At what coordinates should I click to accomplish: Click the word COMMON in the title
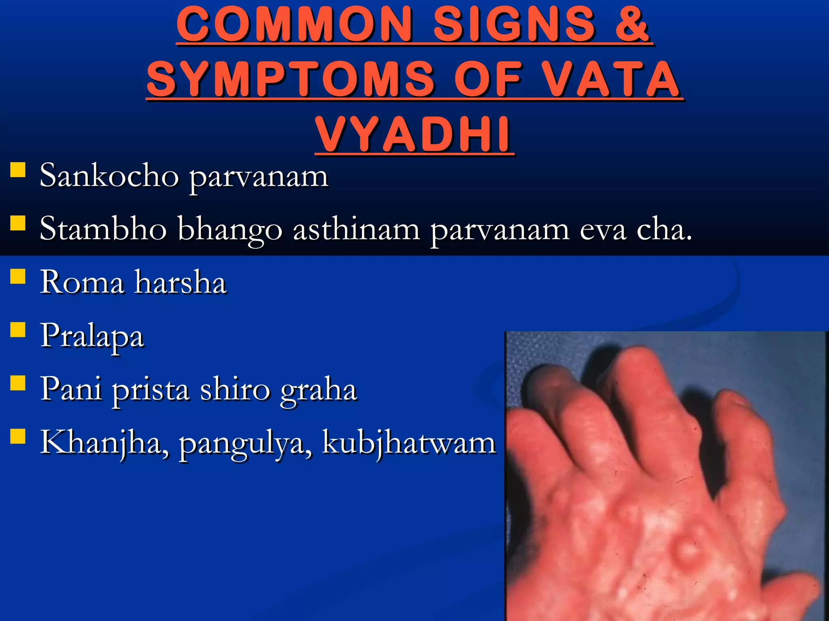click(295, 25)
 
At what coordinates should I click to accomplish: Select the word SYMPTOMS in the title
click(291, 79)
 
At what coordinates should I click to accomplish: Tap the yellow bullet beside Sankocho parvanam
click(18, 170)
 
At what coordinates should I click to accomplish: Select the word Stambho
click(103, 229)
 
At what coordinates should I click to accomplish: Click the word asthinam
click(356, 229)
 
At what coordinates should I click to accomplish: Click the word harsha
click(181, 282)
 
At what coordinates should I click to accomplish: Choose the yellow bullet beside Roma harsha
click(18, 277)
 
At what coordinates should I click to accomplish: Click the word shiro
click(235, 389)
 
